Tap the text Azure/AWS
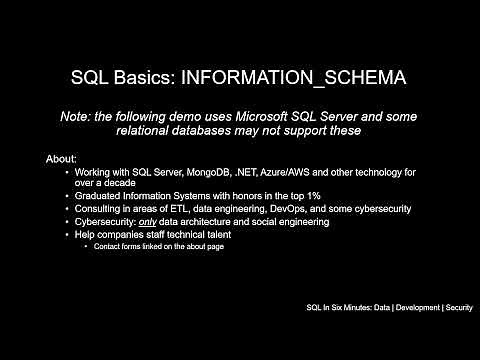[286, 173]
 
